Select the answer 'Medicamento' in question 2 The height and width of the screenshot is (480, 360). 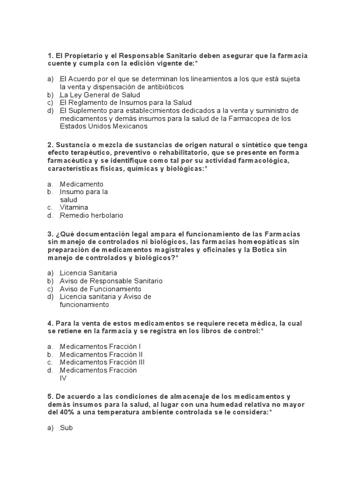(x=82, y=184)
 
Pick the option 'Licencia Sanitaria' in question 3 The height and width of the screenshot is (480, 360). (x=88, y=273)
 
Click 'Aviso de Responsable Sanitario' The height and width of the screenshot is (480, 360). (x=111, y=281)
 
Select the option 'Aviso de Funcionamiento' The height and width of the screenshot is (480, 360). (x=100, y=289)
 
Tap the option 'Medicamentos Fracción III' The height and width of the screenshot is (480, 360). (x=102, y=362)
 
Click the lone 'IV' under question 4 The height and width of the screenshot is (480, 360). (x=63, y=378)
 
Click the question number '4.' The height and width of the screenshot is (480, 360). (x=50, y=323)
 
